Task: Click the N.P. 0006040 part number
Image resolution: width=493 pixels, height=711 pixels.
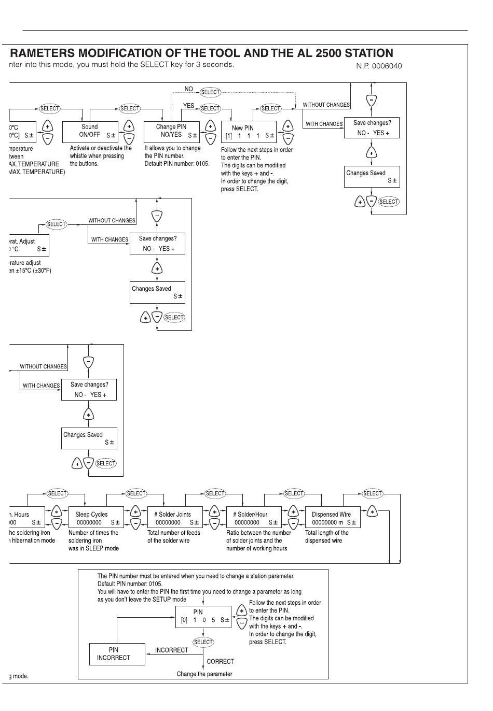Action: (x=378, y=66)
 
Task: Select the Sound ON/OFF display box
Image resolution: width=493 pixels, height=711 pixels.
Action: (x=90, y=132)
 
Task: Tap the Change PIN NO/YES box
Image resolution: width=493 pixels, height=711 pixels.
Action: (x=171, y=132)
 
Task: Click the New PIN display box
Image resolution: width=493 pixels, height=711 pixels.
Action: (x=248, y=132)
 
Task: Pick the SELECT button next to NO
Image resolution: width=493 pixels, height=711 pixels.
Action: (x=210, y=92)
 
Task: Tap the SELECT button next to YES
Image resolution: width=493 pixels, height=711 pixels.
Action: (x=210, y=108)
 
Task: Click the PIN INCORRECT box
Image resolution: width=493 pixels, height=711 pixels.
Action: (x=117, y=654)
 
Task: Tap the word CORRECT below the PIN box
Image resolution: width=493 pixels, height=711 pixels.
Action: (x=220, y=661)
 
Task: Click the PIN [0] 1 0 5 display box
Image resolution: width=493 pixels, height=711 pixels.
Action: (x=203, y=616)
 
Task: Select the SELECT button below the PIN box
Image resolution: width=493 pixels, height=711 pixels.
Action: (x=203, y=642)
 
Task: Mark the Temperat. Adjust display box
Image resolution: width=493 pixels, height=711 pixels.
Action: (x=29, y=245)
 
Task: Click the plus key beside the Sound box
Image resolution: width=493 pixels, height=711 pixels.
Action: (x=130, y=126)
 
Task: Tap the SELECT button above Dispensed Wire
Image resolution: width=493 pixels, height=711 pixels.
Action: (x=373, y=493)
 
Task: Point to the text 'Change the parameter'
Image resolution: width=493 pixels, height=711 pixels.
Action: (x=204, y=674)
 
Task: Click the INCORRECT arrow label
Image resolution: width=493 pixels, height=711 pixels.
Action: (x=171, y=650)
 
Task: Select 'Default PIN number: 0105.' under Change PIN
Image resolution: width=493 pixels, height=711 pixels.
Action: (x=176, y=164)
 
